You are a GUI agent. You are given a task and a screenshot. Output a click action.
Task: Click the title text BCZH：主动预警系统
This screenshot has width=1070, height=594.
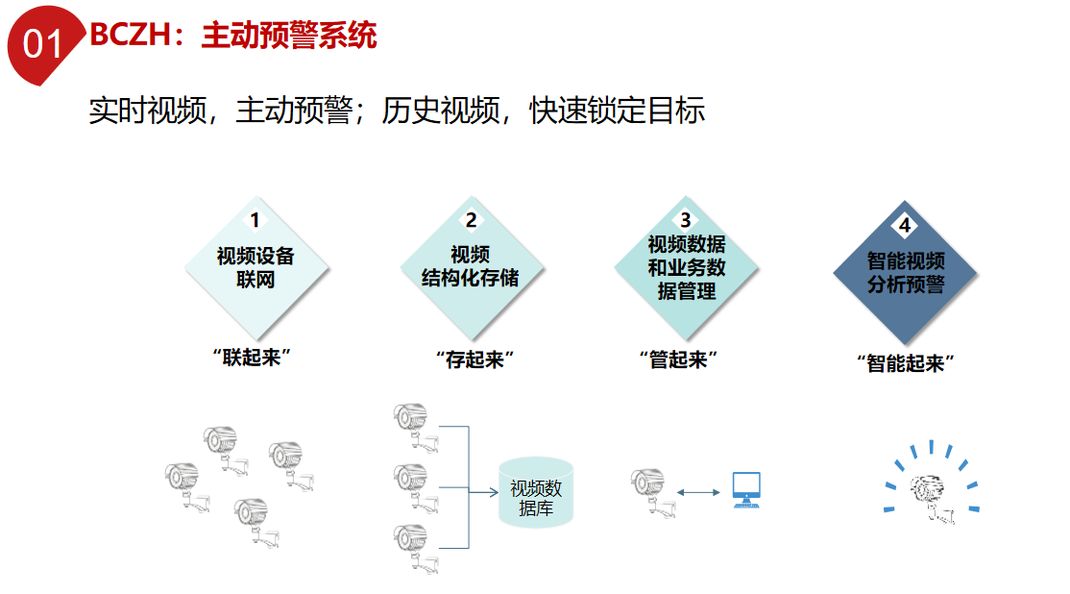[x=233, y=37]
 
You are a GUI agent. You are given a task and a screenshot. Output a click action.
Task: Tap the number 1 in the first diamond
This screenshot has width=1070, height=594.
[x=255, y=220]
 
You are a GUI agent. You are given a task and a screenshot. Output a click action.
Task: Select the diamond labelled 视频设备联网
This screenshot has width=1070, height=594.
[x=255, y=268]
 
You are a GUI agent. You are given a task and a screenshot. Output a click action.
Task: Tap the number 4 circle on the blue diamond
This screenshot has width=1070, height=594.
[x=905, y=226]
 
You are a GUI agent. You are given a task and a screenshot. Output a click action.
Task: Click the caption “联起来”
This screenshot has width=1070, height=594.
[x=252, y=359]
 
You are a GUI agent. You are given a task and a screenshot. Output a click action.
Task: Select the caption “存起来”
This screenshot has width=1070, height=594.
[x=470, y=359]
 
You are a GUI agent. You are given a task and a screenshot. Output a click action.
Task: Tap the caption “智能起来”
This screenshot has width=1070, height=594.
[x=905, y=363]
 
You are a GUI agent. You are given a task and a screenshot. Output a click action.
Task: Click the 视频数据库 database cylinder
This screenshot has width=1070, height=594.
[x=536, y=493]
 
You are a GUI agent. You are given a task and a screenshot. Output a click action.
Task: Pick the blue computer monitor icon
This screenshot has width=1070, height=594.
[x=745, y=489]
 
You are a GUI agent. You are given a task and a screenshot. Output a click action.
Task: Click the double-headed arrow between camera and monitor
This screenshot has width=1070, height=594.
[x=698, y=492]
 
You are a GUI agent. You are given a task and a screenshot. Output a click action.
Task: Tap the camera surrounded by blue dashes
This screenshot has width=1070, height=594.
[x=932, y=496]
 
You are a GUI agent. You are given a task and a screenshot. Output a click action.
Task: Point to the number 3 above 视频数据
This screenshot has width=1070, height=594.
[x=686, y=220]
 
